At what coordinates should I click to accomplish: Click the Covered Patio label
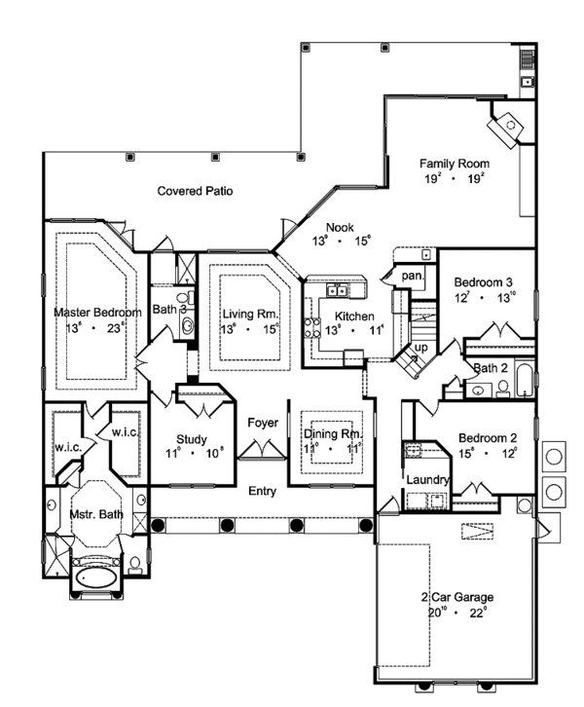coord(196,192)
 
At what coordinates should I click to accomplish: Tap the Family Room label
coord(454,164)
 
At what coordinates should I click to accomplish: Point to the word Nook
coord(340,227)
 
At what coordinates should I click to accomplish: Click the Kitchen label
coord(355,316)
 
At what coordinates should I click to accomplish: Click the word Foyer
coord(263,424)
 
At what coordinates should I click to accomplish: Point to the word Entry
coord(263,491)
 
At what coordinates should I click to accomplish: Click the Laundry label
coord(427,480)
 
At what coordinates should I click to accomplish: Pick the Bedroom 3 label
coord(484,283)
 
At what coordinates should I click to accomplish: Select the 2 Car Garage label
coord(456,597)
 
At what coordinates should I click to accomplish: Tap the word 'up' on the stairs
coord(421,348)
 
